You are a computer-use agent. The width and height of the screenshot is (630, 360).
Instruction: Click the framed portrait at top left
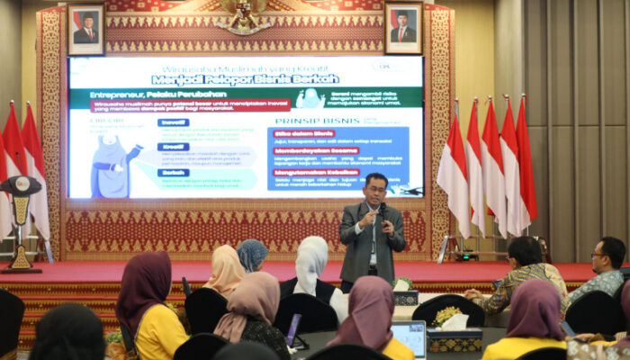85,28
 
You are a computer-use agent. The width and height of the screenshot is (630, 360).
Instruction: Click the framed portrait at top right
403,27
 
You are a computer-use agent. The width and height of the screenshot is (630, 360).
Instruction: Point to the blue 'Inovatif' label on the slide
173,122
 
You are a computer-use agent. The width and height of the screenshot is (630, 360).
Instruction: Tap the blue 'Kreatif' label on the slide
173,147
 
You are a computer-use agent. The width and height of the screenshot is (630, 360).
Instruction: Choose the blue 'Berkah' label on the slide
173,172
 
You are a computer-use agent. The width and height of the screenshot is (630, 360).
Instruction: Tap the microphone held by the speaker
382,211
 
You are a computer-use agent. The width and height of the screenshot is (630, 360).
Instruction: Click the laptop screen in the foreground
409,338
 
